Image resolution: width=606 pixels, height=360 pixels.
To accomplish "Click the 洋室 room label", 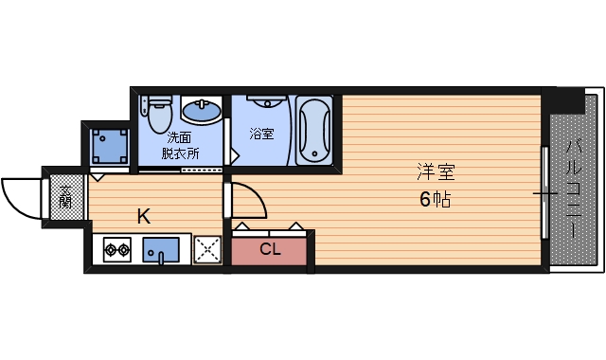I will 436,173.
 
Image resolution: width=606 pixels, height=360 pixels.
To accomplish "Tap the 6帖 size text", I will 436,200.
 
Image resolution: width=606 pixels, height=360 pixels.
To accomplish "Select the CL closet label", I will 270,250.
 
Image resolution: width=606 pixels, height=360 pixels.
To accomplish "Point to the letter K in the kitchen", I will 143,216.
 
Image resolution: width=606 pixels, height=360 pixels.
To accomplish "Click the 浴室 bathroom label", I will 261,134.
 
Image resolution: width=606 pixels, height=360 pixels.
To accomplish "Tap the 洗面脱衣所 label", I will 180,144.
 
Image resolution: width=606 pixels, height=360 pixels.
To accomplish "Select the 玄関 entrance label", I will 65,197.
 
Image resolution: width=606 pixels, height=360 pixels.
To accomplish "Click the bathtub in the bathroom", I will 313,129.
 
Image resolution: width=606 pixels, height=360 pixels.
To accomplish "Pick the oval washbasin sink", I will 201,112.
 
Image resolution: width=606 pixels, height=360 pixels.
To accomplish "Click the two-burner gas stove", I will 117,251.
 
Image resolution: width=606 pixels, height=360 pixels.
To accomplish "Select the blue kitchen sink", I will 161,251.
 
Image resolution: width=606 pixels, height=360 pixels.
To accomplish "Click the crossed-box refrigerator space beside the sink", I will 206,250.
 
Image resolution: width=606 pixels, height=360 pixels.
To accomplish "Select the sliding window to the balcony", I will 544,192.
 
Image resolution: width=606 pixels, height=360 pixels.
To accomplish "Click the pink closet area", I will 270,250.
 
